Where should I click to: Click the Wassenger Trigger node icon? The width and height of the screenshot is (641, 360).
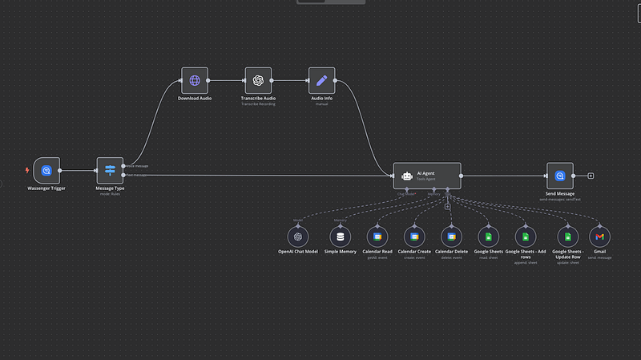click(x=46, y=171)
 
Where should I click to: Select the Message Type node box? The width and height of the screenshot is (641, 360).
click(x=110, y=171)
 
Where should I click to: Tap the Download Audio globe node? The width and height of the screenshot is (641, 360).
click(x=194, y=80)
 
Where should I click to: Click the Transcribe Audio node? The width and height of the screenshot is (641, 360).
click(x=258, y=80)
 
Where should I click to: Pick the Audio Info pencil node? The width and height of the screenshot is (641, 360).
click(x=322, y=80)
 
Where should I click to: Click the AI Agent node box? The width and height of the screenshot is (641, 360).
click(x=427, y=175)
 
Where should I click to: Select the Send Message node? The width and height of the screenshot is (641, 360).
click(x=560, y=175)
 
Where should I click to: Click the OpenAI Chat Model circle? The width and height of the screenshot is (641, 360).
click(x=298, y=237)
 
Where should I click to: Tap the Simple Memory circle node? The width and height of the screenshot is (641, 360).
click(x=341, y=237)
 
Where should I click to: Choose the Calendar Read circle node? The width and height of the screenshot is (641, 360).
click(x=377, y=237)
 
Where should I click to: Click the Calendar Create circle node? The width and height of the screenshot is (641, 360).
click(x=414, y=237)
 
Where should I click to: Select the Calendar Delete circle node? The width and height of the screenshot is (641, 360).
click(x=452, y=237)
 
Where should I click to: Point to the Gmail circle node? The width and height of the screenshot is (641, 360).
click(x=599, y=237)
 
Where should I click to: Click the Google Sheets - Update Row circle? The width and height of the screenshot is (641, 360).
click(x=567, y=237)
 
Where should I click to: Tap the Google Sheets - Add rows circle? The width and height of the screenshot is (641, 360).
click(x=525, y=237)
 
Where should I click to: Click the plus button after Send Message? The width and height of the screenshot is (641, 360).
click(x=591, y=175)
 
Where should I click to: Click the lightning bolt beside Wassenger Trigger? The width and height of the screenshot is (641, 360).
click(x=28, y=170)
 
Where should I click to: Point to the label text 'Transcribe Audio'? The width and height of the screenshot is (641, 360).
click(x=259, y=98)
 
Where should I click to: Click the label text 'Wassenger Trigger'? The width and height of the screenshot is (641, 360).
click(x=46, y=188)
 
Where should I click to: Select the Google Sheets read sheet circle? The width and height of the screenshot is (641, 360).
click(x=488, y=237)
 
